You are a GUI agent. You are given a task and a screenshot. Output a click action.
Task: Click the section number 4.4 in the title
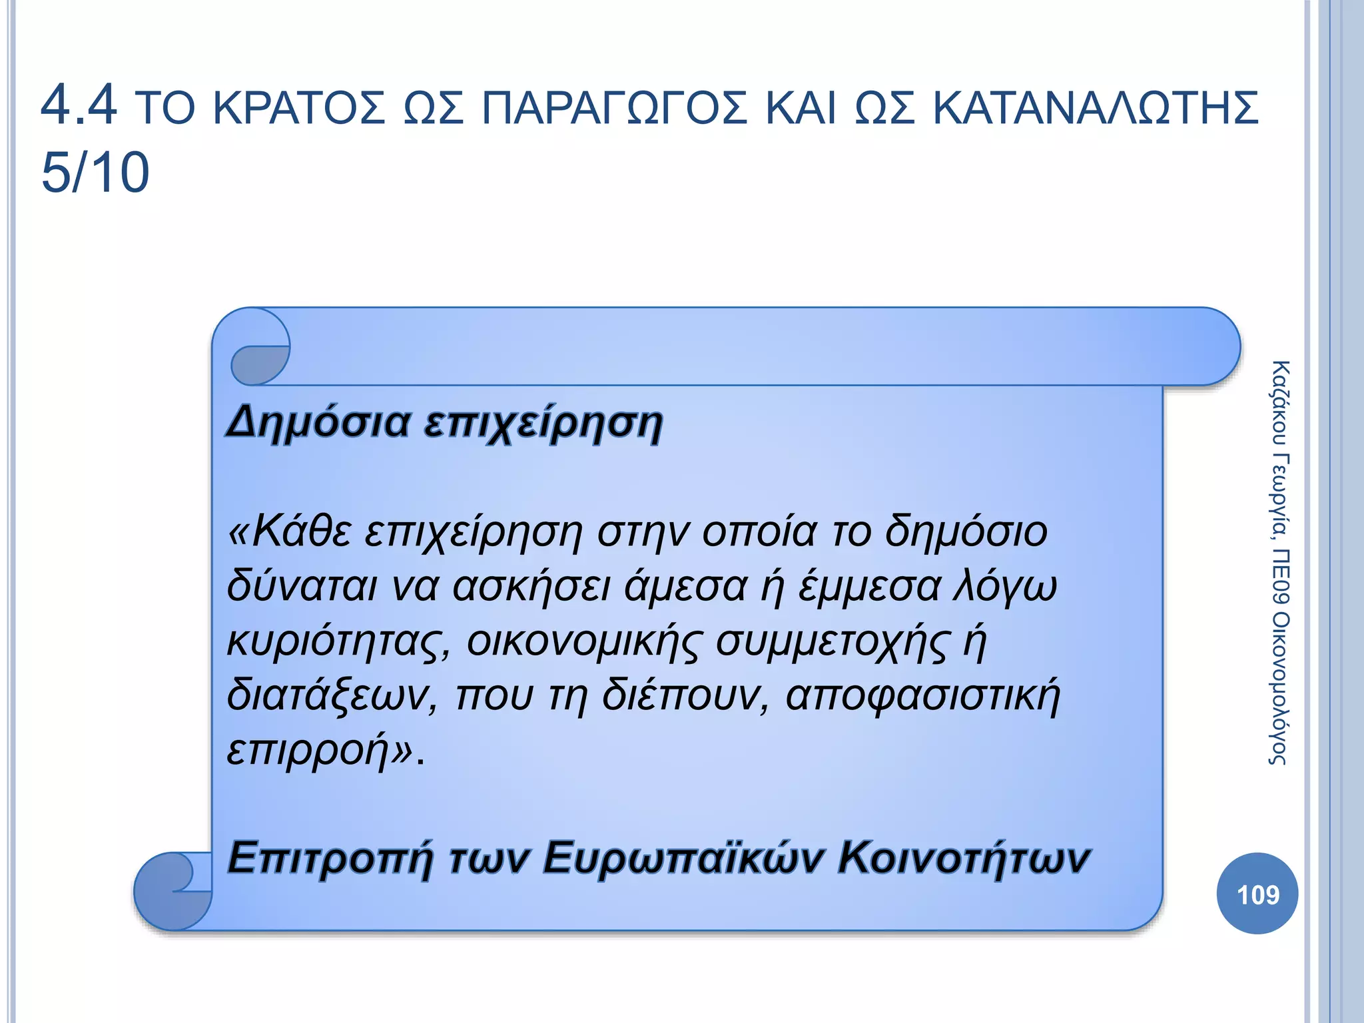[x=79, y=105]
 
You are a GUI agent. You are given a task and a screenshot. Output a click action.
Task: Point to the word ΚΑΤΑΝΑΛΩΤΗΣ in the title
[x=1095, y=108]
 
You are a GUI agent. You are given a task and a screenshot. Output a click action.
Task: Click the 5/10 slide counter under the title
[x=95, y=172]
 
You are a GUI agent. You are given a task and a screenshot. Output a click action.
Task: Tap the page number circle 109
[x=1257, y=894]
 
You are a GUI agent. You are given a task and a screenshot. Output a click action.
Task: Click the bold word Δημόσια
[x=318, y=422]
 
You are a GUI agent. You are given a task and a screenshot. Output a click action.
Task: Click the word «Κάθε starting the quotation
[x=290, y=531]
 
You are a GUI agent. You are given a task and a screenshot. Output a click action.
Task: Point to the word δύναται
[x=302, y=586]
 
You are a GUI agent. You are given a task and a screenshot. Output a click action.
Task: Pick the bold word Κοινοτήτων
[x=963, y=858]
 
